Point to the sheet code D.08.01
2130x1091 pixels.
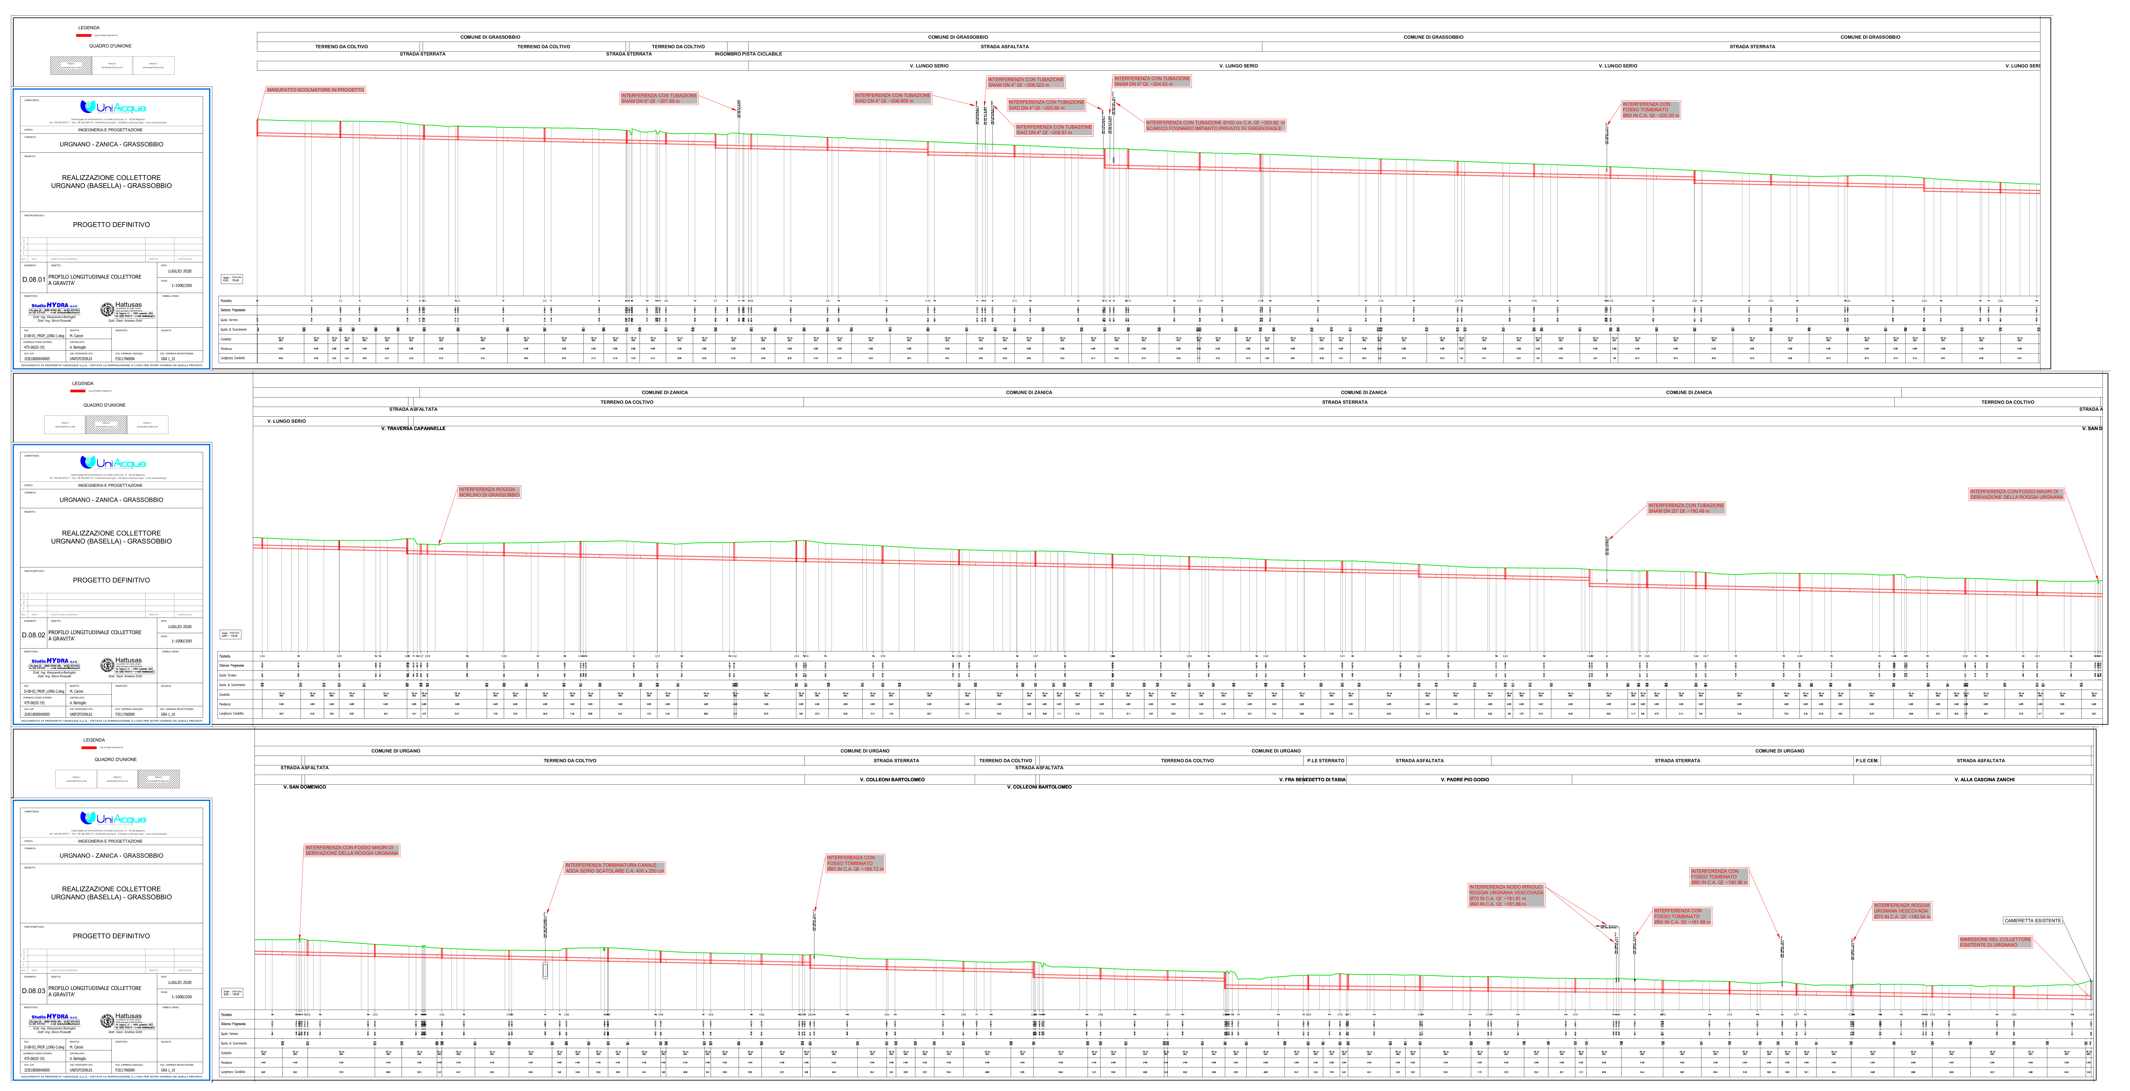point(34,280)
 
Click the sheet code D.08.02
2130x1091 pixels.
point(34,635)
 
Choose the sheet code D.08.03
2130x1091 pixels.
point(34,991)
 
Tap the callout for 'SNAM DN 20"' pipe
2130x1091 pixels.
point(1686,508)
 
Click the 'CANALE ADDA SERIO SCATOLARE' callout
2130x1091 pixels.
point(614,868)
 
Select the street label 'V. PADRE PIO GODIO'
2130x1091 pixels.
point(1464,779)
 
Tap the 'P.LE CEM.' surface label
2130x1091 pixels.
point(1866,760)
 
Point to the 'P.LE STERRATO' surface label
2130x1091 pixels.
point(1325,760)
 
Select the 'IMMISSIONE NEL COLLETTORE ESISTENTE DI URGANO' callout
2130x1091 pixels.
point(1994,942)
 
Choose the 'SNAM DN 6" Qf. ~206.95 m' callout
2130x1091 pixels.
point(659,98)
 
